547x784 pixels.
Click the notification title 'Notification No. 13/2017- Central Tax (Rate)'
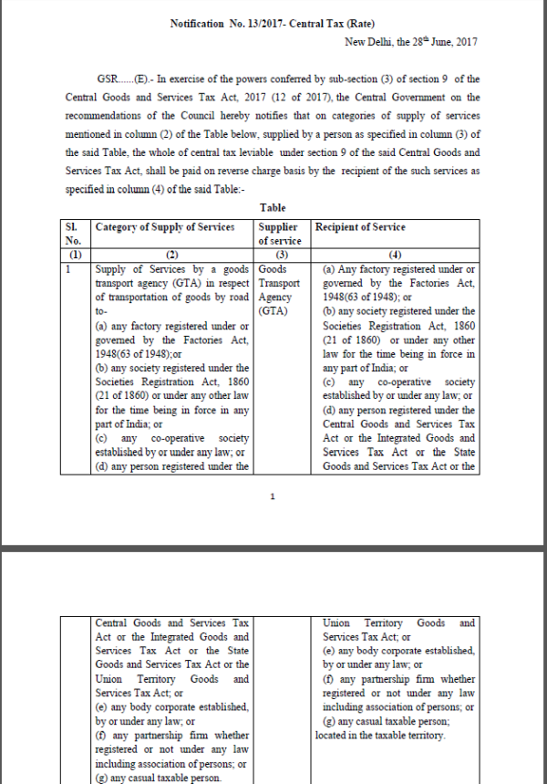[x=273, y=23]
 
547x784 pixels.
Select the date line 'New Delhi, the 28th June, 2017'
[x=411, y=42]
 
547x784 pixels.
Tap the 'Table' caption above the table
[x=273, y=208]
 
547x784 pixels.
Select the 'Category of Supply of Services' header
[x=165, y=227]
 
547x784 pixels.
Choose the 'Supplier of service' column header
[x=280, y=234]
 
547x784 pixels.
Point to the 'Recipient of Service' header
[x=360, y=227]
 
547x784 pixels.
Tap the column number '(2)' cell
[x=172, y=256]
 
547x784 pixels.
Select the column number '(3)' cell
[x=279, y=256]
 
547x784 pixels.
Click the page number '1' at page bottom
[x=273, y=497]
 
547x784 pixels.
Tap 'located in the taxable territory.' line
[x=380, y=735]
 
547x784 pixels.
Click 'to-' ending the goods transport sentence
[x=101, y=310]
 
